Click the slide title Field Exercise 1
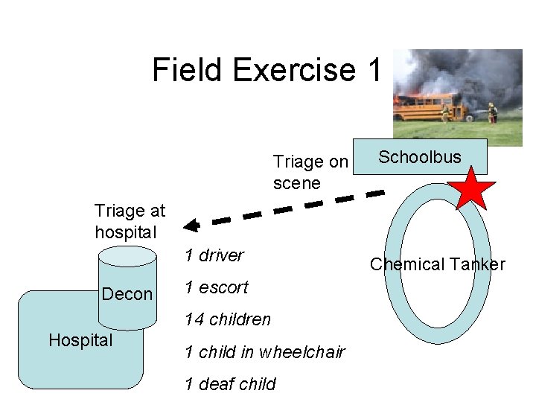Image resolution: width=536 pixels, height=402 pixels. click(267, 71)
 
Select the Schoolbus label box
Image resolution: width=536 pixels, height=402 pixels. click(420, 157)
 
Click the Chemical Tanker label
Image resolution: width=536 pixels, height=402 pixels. click(438, 264)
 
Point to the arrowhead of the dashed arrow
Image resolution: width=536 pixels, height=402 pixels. click(191, 225)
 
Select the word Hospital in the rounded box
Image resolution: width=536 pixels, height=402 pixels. click(80, 340)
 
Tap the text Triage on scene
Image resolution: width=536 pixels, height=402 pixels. click(310, 172)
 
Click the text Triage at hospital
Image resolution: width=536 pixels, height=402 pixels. click(130, 221)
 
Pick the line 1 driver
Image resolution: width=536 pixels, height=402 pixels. click(214, 255)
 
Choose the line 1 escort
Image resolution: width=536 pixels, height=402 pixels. click(217, 287)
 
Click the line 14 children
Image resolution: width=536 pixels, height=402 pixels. click(228, 320)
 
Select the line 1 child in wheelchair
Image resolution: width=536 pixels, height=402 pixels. click(265, 352)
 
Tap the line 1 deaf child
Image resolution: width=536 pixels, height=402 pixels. click(230, 384)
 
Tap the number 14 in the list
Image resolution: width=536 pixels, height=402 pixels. click(194, 320)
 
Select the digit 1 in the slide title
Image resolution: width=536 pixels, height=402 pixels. click(374, 71)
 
